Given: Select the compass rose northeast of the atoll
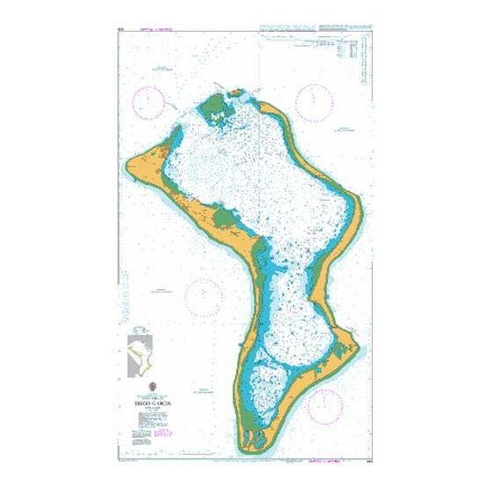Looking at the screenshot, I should (x=315, y=102).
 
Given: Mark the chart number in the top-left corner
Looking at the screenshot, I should (x=119, y=33).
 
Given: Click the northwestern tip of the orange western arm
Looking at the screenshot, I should (x=130, y=161).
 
